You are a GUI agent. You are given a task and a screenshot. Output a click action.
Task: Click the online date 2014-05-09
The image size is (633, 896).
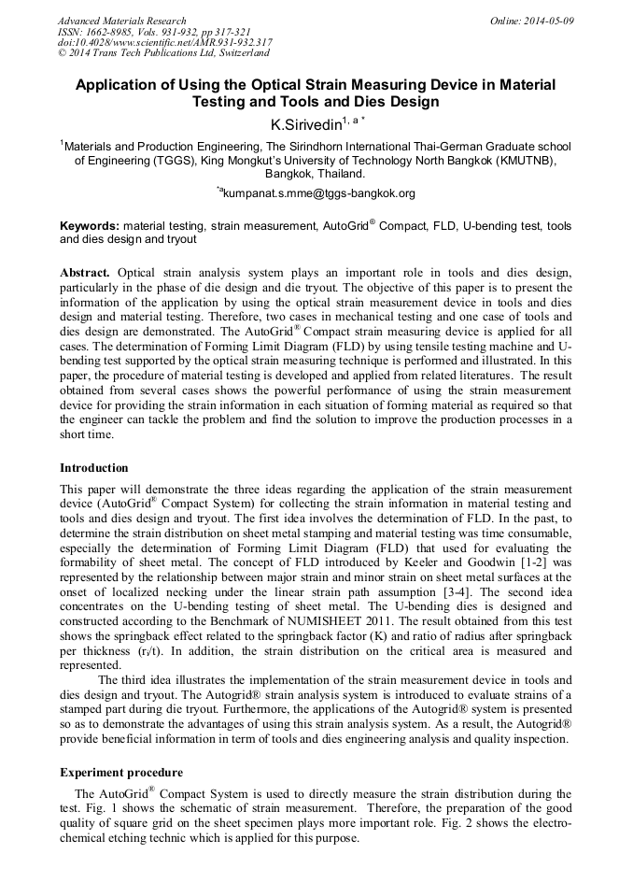[549, 21]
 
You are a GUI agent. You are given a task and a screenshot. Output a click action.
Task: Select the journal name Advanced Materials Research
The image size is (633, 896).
[121, 21]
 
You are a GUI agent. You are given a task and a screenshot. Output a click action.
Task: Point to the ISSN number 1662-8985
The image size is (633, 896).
[110, 31]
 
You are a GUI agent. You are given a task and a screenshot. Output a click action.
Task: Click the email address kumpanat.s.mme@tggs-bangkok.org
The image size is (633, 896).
[318, 194]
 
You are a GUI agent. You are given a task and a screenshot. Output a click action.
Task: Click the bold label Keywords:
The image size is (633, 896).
[90, 226]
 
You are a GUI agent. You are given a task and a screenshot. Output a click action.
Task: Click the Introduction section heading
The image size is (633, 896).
[94, 468]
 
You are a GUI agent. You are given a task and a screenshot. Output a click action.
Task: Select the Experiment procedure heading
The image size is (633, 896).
[121, 773]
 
